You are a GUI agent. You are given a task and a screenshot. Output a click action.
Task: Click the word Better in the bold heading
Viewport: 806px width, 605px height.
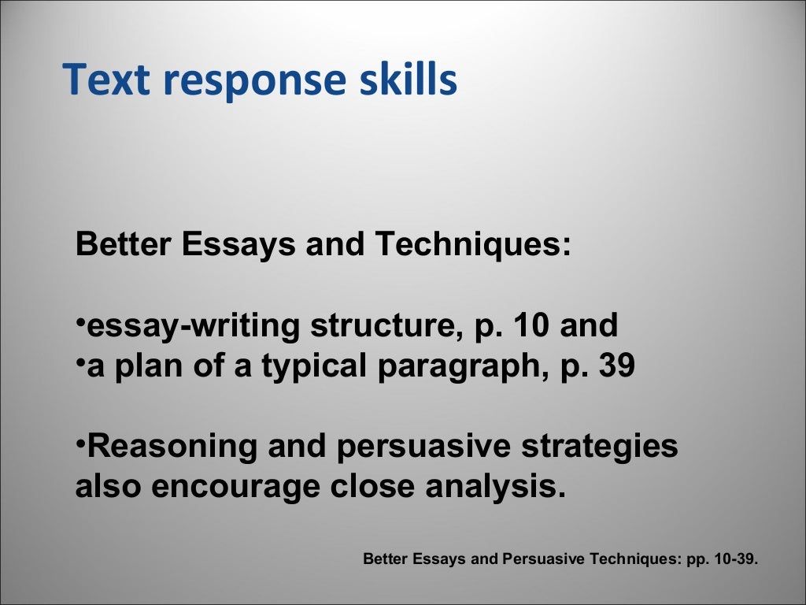124,245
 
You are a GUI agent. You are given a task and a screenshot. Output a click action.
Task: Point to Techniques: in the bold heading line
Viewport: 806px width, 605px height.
472,245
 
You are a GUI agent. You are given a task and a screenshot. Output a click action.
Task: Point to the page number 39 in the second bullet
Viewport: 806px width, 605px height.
615,366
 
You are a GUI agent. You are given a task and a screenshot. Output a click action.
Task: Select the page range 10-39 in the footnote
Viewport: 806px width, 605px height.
731,559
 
